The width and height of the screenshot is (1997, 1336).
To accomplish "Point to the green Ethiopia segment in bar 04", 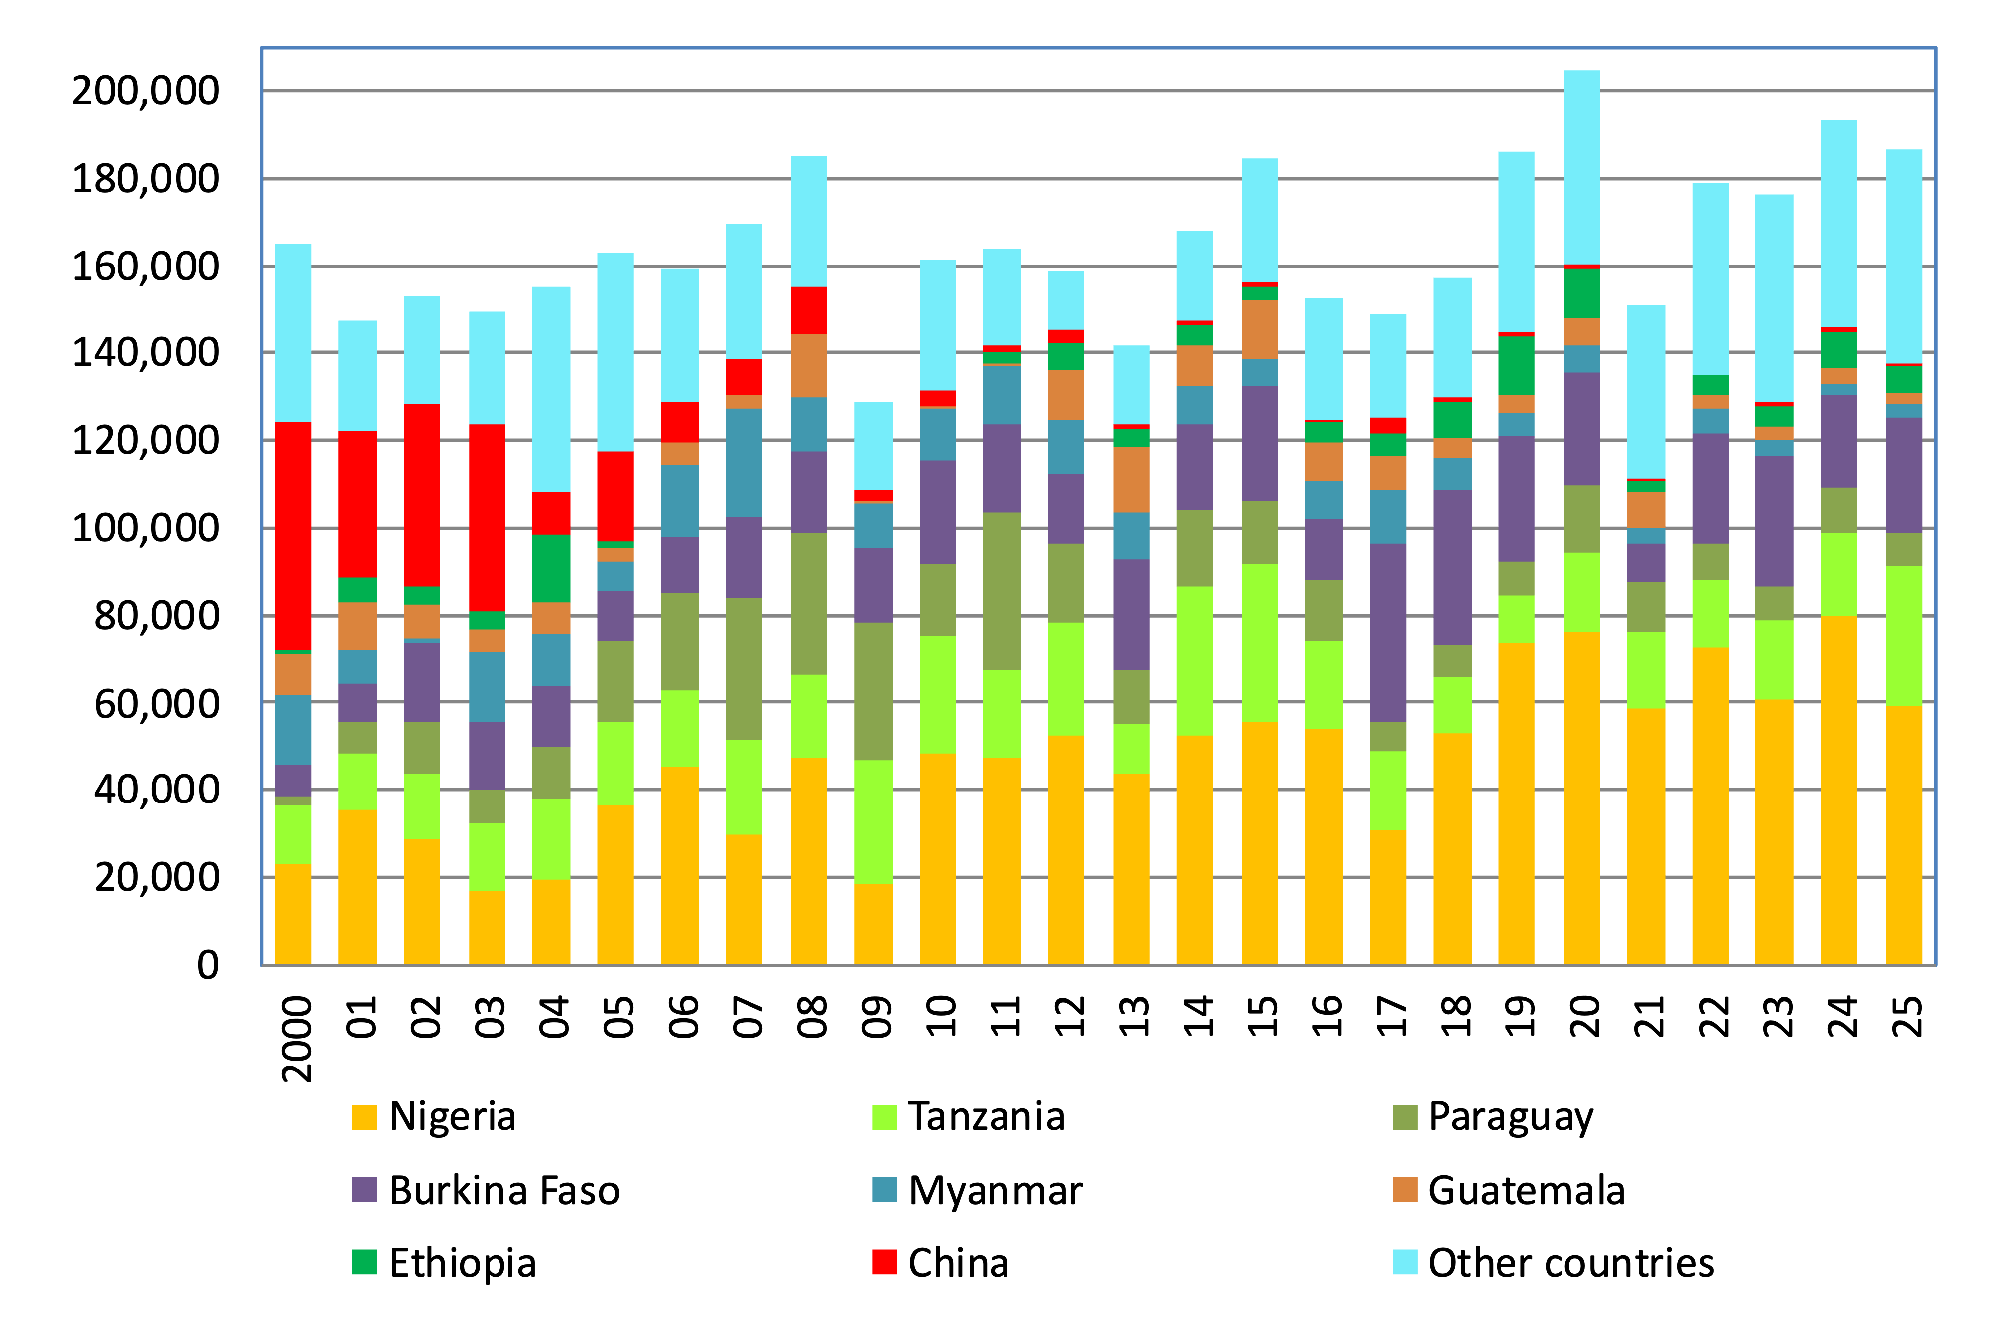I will point(551,568).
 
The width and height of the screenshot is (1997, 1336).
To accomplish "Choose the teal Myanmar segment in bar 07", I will point(744,463).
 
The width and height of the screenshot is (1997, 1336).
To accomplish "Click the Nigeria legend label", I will point(453,1116).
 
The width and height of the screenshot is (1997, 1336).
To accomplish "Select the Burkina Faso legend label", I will point(504,1190).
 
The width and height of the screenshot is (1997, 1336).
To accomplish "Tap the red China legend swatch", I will point(884,1262).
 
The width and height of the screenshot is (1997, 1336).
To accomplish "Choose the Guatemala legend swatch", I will point(1404,1190).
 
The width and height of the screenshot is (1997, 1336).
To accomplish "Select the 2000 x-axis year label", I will point(296,1040).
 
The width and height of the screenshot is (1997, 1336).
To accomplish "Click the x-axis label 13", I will point(1133,1017).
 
